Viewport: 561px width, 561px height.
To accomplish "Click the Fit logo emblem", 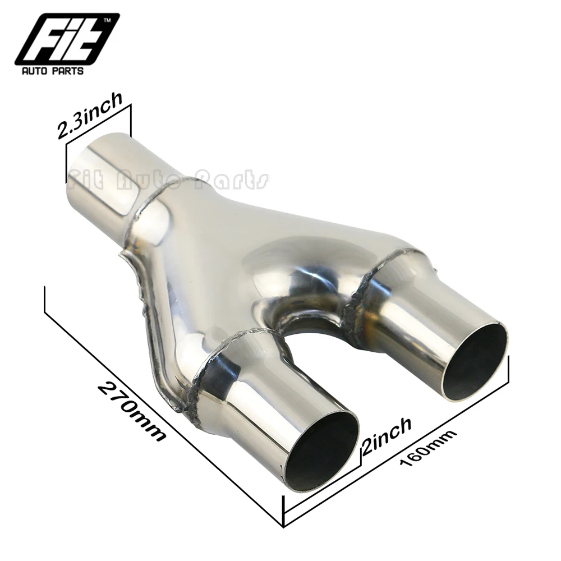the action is tap(67, 39).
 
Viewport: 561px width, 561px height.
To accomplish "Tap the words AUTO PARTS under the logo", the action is tap(53, 71).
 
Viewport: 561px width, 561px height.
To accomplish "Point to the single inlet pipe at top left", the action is tap(107, 179).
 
